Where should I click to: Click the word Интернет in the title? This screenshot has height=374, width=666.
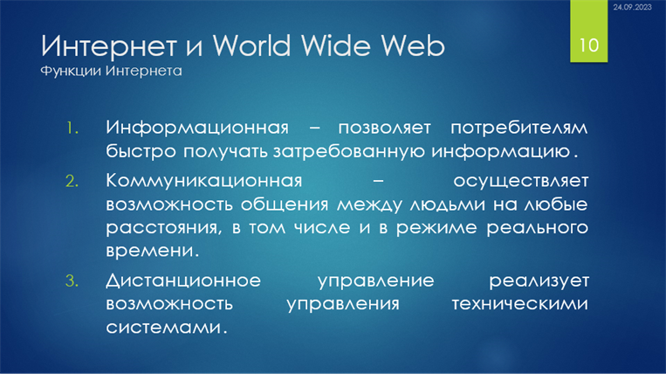click(x=109, y=46)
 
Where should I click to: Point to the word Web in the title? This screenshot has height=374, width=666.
click(x=412, y=45)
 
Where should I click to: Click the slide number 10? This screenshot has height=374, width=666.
click(x=588, y=45)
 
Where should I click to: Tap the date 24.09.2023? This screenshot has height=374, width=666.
click(x=632, y=7)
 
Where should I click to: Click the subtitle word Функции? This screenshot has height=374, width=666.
click(x=71, y=71)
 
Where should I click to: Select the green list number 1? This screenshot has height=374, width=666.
click(x=72, y=128)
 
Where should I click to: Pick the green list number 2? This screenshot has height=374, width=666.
click(x=72, y=182)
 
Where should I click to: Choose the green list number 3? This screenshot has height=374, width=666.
click(x=72, y=280)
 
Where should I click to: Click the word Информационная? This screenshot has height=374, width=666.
click(x=197, y=128)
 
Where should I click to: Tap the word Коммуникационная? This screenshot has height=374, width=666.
click(x=204, y=182)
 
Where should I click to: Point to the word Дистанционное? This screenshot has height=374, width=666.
click(x=183, y=280)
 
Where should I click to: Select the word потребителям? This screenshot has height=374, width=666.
click(x=519, y=128)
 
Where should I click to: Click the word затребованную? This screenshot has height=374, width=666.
click(x=348, y=152)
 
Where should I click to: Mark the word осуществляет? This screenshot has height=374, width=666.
click(x=521, y=182)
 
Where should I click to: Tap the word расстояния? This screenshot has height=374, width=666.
click(x=164, y=228)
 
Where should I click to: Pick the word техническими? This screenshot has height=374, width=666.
click(x=520, y=304)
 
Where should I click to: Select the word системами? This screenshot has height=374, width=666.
click(x=166, y=327)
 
